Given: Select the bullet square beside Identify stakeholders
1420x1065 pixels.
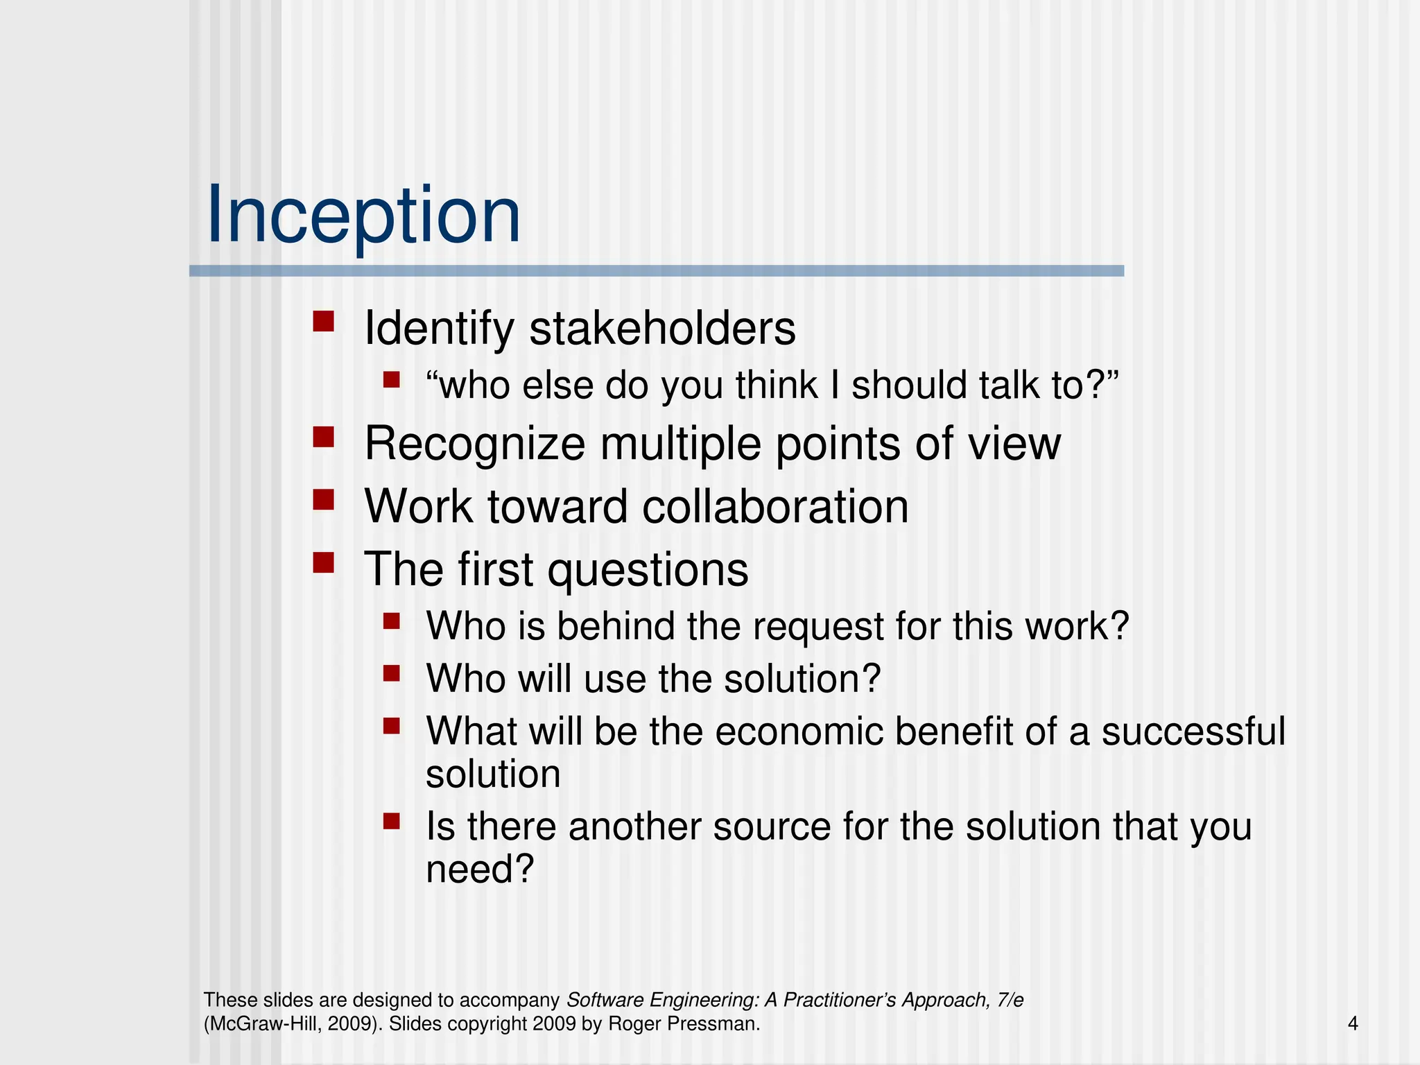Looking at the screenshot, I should (x=323, y=322).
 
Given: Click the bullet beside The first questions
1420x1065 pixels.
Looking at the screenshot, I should (x=323, y=562).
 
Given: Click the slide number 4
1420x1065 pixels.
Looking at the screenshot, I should (x=1353, y=1023).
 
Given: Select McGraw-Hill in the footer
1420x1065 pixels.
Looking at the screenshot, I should (x=263, y=1024).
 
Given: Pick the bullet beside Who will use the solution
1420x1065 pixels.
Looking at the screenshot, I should (x=392, y=673).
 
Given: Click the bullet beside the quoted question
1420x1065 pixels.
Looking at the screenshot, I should (x=392, y=379).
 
